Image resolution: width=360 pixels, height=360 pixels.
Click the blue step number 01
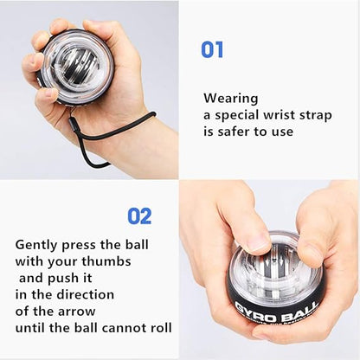coord(212,49)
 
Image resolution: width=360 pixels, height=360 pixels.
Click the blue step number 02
coord(139,216)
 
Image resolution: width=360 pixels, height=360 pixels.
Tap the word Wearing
coord(231,100)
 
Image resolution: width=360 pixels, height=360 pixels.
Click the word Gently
coord(36,245)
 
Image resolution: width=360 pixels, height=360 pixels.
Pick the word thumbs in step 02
coord(106,261)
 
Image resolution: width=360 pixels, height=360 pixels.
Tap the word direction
coord(85,294)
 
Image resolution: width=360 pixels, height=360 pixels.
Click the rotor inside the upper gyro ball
coord(77,67)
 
